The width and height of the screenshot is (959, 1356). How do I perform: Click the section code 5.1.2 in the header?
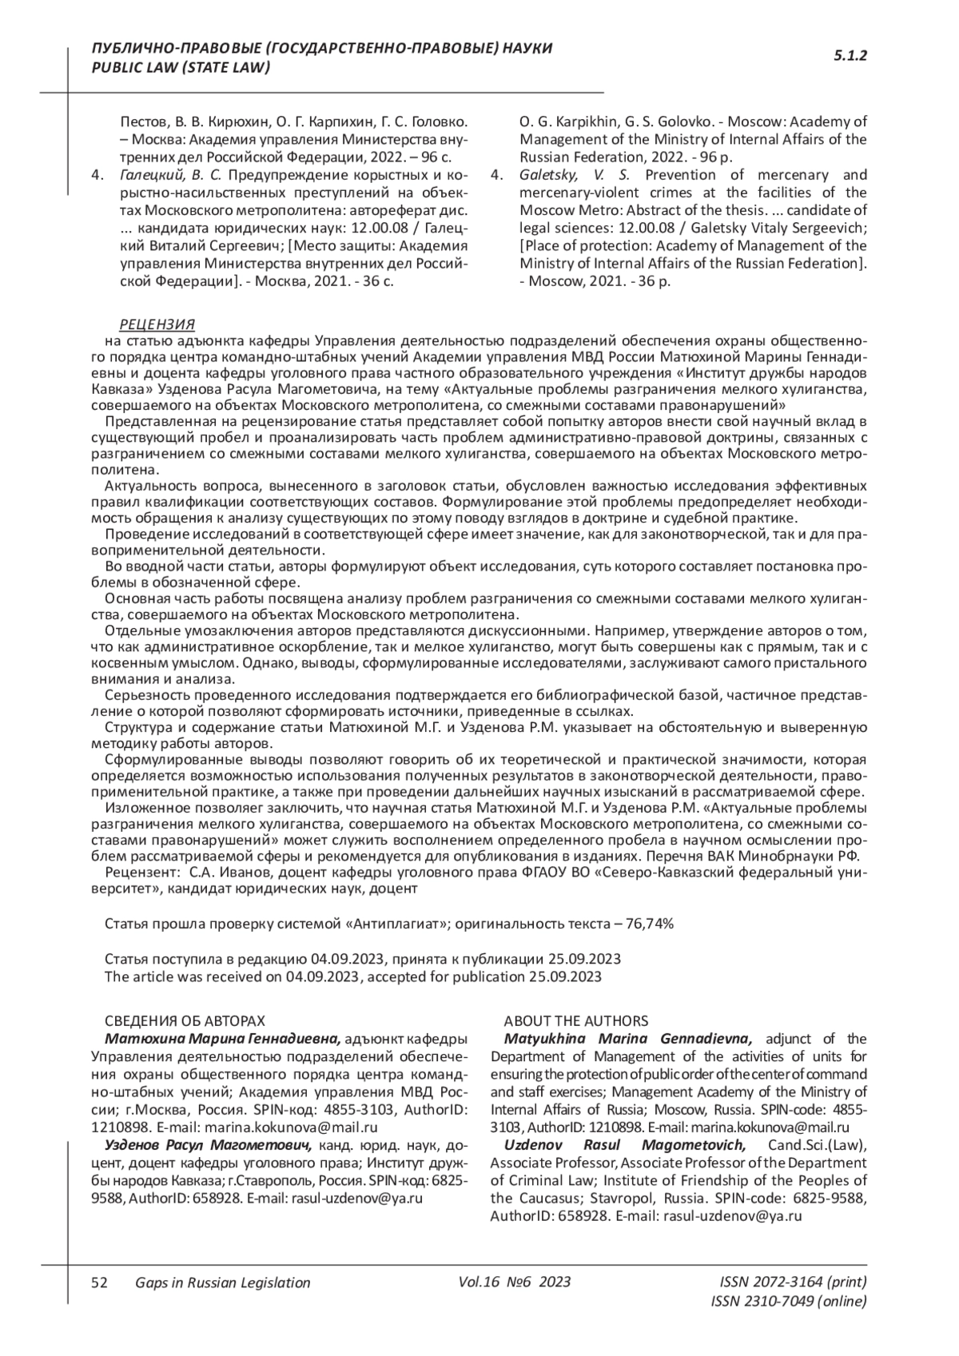point(850,56)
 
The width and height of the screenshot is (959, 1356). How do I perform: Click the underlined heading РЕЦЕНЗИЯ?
point(157,324)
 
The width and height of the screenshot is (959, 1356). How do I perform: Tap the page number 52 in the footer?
point(100,1282)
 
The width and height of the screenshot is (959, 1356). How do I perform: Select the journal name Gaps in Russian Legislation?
point(223,1282)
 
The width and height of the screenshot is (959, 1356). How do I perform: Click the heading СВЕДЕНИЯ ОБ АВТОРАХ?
point(185,1021)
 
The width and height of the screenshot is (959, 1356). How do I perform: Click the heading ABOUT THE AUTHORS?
point(575,1021)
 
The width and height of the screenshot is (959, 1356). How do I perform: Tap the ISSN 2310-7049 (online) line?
point(788,1301)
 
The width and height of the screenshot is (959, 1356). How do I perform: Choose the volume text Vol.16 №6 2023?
point(515,1282)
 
